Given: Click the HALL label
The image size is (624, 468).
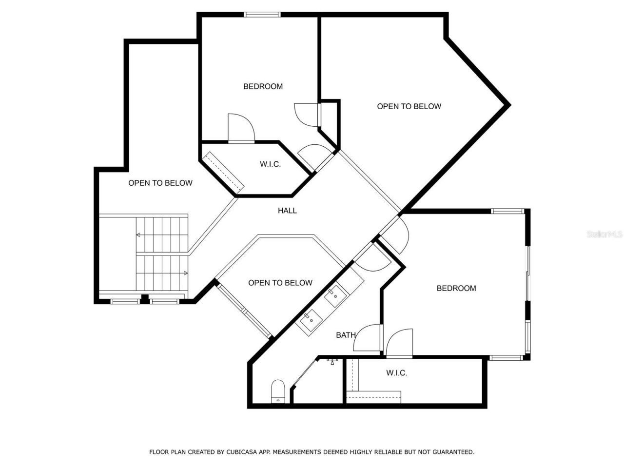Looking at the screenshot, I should pyautogui.click(x=287, y=211).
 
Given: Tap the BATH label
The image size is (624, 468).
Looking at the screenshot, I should pyautogui.click(x=346, y=335).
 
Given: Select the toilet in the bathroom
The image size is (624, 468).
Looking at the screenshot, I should pyautogui.click(x=278, y=391).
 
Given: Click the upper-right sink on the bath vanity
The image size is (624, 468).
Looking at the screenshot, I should pyautogui.click(x=335, y=295).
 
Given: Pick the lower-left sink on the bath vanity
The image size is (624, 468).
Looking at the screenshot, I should pyautogui.click(x=310, y=321).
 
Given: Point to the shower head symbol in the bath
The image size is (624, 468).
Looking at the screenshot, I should pyautogui.click(x=332, y=361).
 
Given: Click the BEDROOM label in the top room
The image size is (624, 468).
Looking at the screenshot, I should pyautogui.click(x=263, y=86).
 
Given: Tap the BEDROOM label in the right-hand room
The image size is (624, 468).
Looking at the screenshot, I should pyautogui.click(x=456, y=288).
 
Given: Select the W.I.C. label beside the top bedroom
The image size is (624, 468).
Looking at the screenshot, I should pyautogui.click(x=270, y=164).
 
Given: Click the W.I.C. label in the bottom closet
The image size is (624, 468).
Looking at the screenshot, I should pyautogui.click(x=396, y=373).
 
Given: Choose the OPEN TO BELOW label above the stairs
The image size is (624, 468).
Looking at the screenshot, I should pyautogui.click(x=160, y=183).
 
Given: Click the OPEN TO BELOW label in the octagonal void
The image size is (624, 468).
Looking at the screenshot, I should pyautogui.click(x=280, y=283).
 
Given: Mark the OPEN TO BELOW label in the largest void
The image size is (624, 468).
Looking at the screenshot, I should pyautogui.click(x=409, y=106).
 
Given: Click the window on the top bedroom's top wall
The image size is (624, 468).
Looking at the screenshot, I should pyautogui.click(x=262, y=15).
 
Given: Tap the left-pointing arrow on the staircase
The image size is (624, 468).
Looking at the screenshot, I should pyautogui.click(x=138, y=235).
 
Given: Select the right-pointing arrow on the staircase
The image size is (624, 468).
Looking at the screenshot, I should pyautogui.click(x=186, y=273).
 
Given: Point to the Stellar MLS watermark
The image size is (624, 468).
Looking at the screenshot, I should pyautogui.click(x=604, y=234).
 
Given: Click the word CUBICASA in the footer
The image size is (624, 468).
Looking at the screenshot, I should pyautogui.click(x=242, y=452).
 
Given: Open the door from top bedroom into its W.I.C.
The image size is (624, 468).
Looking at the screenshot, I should pyautogui.click(x=241, y=129).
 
